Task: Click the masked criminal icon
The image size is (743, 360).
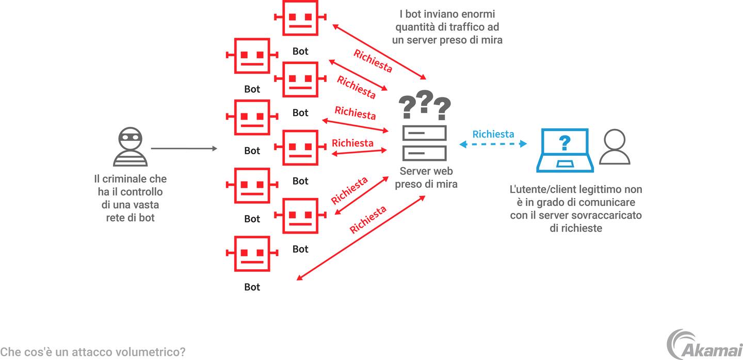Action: pyautogui.click(x=130, y=146)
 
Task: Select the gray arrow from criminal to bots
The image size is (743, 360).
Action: pyautogui.click(x=184, y=149)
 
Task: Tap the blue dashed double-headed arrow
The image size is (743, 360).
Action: pyautogui.click(x=493, y=144)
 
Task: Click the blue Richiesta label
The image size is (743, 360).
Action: pyautogui.click(x=493, y=134)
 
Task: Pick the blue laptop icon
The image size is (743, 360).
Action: pyautogui.click(x=565, y=150)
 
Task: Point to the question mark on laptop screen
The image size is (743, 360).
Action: pyautogui.click(x=565, y=142)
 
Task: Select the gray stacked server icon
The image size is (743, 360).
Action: pyautogui.click(x=425, y=143)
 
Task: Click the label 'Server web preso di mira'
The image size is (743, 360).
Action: pyautogui.click(x=426, y=177)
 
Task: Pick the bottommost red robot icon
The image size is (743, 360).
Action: pyautogui.click(x=252, y=254)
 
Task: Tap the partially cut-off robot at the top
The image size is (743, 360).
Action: pyautogui.click(x=300, y=17)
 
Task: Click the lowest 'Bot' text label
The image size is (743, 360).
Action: pyautogui.click(x=252, y=287)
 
